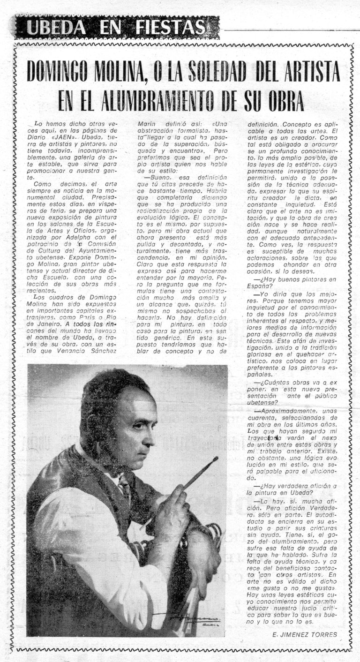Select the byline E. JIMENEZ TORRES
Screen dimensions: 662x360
tap(304, 635)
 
